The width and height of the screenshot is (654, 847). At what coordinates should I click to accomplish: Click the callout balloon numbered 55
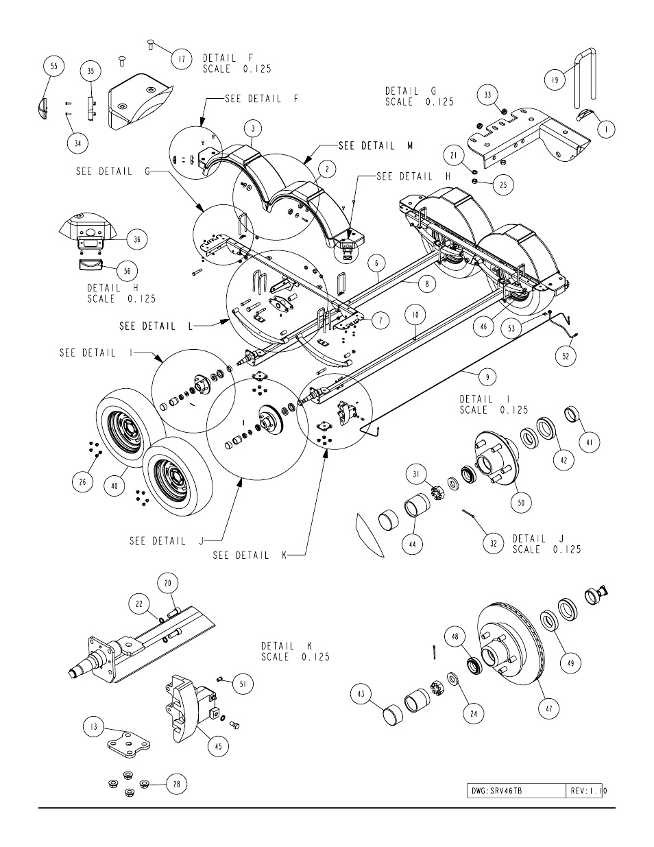(54, 66)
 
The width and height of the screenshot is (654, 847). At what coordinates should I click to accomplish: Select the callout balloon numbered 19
(555, 80)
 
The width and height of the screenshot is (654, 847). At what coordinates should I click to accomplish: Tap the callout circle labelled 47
(549, 708)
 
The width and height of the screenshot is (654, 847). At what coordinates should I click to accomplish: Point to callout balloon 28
(177, 784)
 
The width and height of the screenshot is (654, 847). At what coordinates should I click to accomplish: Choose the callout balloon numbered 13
(94, 727)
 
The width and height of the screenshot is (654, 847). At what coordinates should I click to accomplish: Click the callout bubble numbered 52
(566, 356)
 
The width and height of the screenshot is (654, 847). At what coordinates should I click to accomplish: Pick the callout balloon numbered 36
(136, 239)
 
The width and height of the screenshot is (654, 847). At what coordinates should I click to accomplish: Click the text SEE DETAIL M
(376, 146)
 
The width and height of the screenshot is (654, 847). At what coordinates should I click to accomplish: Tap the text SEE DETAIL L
(156, 326)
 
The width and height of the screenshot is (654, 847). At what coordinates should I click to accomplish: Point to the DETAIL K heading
(287, 646)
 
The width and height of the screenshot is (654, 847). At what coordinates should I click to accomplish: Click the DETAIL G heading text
(411, 91)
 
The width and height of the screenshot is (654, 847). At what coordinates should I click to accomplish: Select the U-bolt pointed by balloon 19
(584, 78)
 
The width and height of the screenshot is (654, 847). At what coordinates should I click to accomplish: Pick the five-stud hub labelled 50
(496, 457)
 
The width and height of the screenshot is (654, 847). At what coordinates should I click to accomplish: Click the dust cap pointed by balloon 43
(393, 715)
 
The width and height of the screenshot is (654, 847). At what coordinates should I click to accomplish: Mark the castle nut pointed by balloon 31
(439, 494)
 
